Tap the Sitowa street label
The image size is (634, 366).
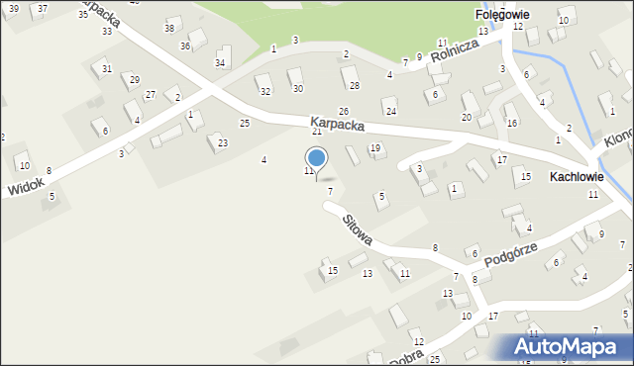(358, 230)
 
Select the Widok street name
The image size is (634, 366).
(25, 186)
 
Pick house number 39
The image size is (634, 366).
(14, 8)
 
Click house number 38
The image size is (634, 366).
(169, 28)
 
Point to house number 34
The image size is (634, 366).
(220, 63)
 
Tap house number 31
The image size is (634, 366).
(106, 68)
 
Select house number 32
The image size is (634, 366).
(264, 91)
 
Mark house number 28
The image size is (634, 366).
(354, 86)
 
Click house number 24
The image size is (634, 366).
(390, 110)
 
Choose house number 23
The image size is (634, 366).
(222, 143)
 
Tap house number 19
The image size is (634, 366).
(374, 148)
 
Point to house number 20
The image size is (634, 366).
(466, 117)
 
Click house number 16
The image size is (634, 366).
(512, 123)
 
